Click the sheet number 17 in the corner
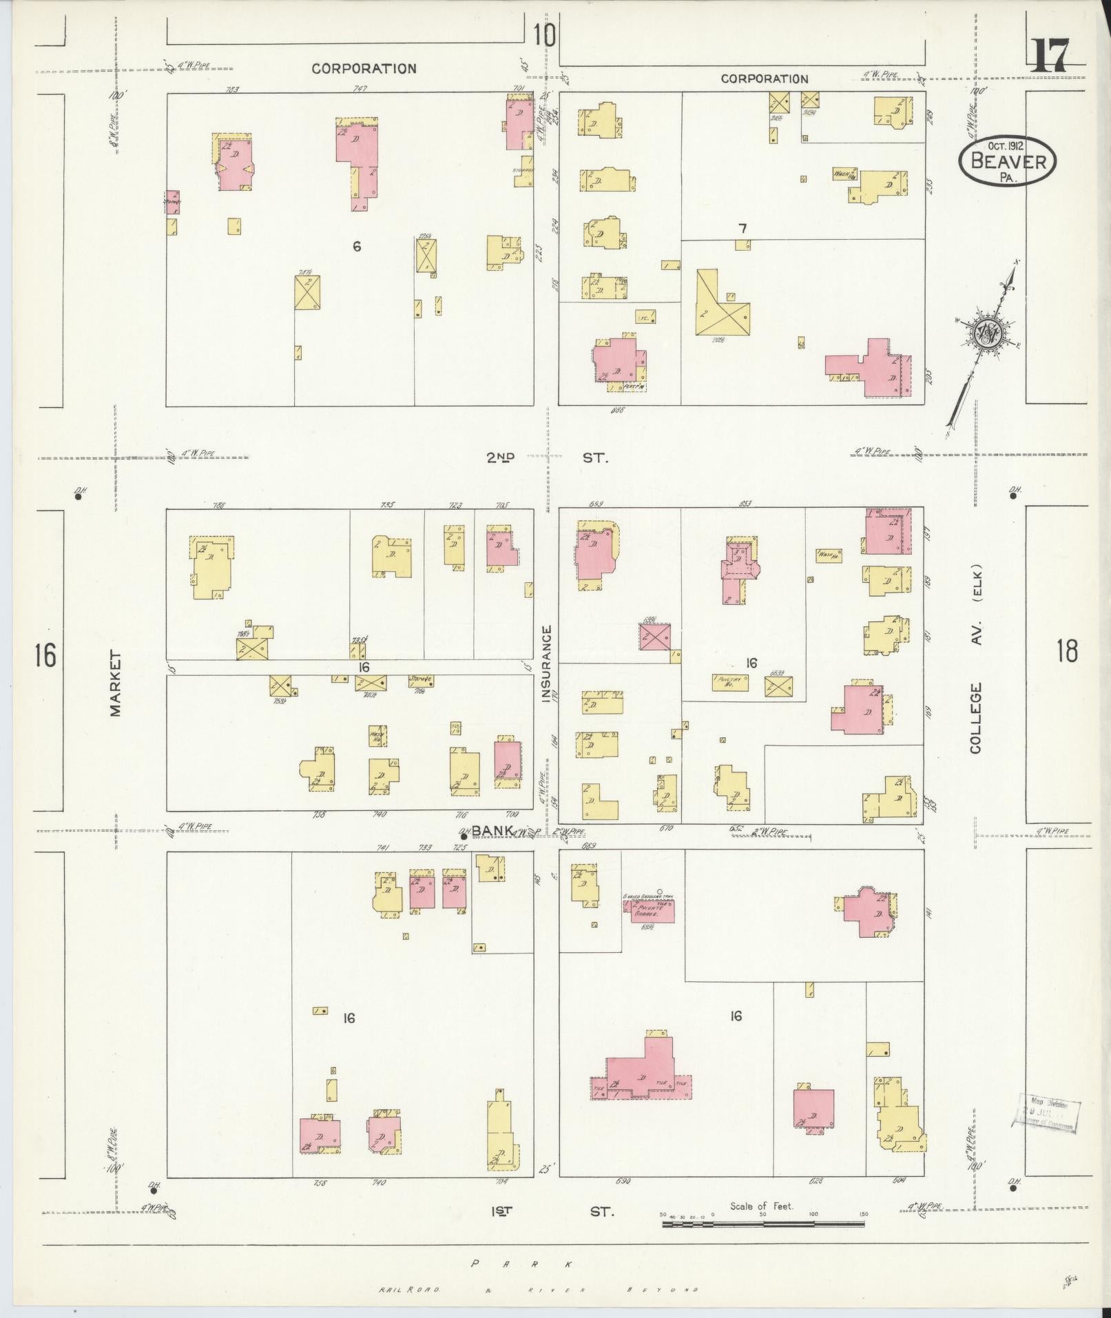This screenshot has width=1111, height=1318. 1050,56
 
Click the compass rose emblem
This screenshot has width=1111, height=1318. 986,334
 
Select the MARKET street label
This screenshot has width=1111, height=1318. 114,684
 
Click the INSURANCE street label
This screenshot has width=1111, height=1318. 547,663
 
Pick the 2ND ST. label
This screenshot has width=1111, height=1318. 548,457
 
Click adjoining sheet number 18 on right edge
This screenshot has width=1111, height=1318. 1066,650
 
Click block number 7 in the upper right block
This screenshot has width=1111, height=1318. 743,228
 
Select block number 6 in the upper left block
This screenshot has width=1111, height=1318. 357,246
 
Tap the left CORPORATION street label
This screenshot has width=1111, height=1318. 364,68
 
